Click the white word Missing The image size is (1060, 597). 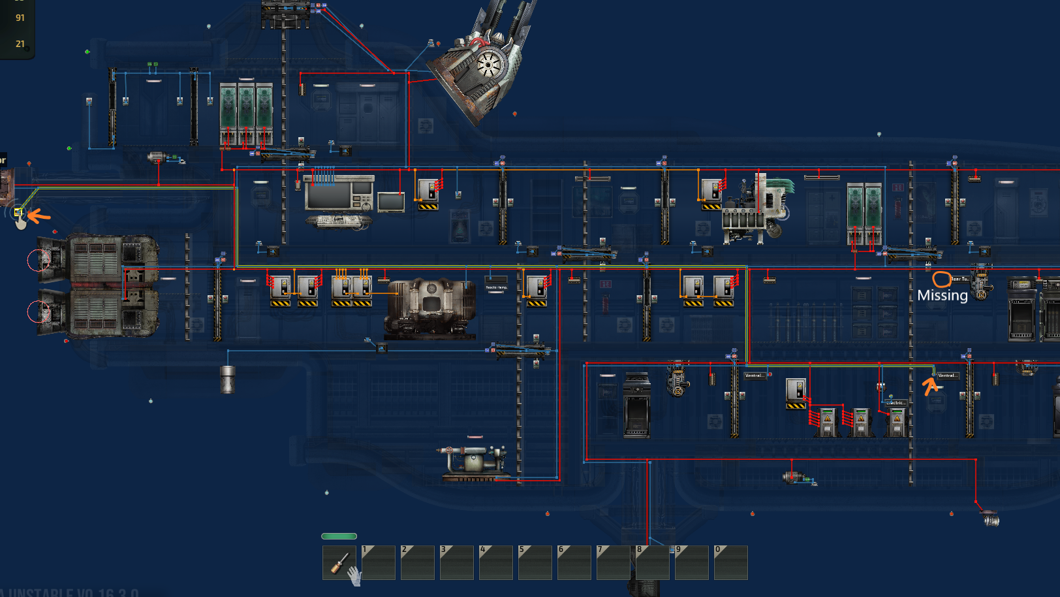(943, 295)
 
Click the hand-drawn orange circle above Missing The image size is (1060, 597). (941, 280)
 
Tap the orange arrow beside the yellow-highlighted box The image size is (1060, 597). (39, 215)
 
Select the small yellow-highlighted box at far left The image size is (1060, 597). (19, 212)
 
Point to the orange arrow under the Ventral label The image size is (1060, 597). (930, 386)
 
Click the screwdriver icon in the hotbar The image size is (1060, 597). (339, 562)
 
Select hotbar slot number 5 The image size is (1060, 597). (535, 562)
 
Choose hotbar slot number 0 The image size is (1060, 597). (731, 562)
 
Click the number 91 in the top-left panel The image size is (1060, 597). (20, 18)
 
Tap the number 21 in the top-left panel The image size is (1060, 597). (20, 44)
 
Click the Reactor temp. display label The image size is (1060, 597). (496, 287)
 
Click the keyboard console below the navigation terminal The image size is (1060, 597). (339, 221)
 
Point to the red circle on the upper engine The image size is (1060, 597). (38, 260)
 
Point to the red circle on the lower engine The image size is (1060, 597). (38, 312)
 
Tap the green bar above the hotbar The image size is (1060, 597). (339, 536)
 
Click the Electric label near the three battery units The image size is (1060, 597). (896, 403)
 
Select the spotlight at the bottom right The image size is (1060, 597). (991, 520)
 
